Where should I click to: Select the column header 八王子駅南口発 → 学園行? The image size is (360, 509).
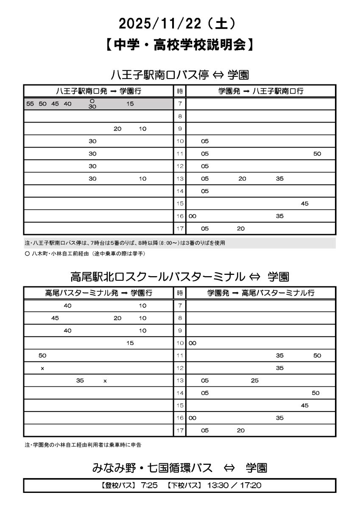click(x=98, y=91)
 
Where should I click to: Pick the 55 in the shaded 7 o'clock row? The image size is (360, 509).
click(x=30, y=103)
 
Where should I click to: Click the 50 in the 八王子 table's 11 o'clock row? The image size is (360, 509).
click(x=317, y=154)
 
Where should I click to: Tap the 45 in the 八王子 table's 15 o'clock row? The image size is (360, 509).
click(x=304, y=204)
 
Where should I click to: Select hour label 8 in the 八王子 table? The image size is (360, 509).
click(x=180, y=116)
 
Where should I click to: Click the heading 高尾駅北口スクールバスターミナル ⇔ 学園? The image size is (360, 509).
click(x=180, y=277)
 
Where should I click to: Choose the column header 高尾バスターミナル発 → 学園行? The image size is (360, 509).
click(x=98, y=293)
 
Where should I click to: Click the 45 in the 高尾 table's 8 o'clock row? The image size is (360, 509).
click(x=55, y=318)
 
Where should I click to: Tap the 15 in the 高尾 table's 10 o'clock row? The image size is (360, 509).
click(x=130, y=343)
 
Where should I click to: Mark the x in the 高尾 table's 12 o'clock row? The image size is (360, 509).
click(x=42, y=368)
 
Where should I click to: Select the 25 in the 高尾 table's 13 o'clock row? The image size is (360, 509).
click(x=254, y=380)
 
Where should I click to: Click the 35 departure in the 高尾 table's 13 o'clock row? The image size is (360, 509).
click(x=80, y=380)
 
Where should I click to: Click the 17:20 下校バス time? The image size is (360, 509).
click(x=252, y=485)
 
